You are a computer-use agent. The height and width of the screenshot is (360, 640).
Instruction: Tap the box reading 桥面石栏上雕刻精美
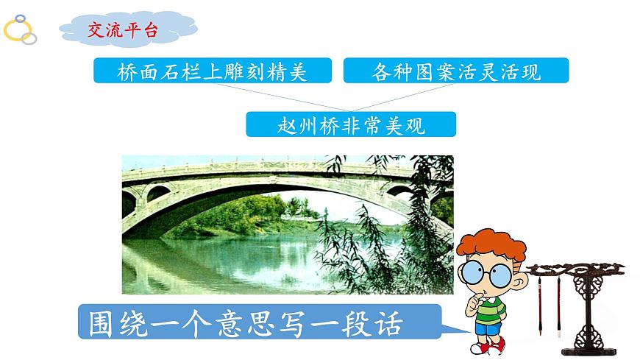tap(212, 72)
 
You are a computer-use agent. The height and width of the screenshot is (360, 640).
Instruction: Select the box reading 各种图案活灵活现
tap(456, 72)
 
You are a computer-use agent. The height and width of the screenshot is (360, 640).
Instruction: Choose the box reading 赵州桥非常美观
tap(351, 124)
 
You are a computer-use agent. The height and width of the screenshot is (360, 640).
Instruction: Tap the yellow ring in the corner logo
tap(16, 31)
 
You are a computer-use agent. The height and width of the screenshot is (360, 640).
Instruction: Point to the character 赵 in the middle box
tap(267, 124)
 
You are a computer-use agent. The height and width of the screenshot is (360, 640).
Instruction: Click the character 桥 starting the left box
tap(127, 72)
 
